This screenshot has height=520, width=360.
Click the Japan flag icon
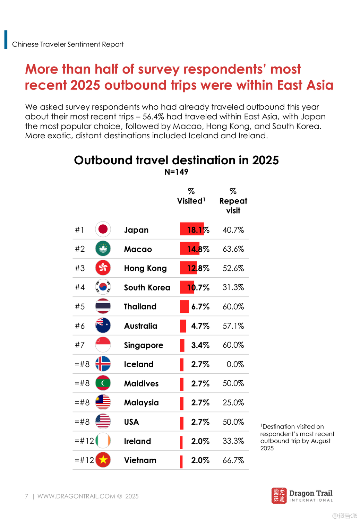[103, 229]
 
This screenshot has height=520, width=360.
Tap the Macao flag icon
[103, 249]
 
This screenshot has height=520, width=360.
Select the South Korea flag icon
[103, 287]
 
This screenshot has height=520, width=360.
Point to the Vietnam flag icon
[103, 460]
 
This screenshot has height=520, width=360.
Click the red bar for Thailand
[184, 306]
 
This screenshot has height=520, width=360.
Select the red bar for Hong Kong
[188, 268]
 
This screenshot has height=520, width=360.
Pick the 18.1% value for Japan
[198, 230]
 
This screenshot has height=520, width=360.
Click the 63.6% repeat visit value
[233, 249]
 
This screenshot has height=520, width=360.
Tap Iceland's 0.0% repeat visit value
[235, 364]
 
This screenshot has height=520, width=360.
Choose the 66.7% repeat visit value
[233, 460]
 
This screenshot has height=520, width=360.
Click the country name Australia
[140, 326]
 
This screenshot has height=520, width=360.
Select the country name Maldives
[141, 383]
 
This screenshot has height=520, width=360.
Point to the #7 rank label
[80, 345]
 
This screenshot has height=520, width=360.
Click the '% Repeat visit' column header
[233, 201]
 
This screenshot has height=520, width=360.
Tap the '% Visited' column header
[191, 197]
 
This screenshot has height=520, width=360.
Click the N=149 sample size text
[176, 172]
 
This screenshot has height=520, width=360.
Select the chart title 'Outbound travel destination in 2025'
[176, 160]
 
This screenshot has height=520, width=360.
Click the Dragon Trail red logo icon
[279, 496]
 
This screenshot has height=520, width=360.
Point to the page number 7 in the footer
[27, 496]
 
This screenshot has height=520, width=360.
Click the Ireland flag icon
[103, 441]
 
